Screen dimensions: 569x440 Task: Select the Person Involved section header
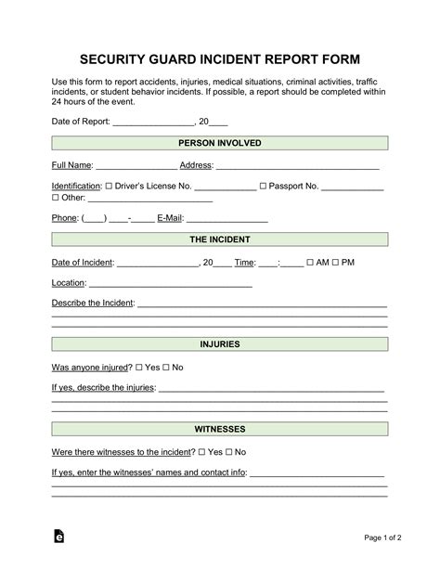219,143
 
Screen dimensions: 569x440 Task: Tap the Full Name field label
71,165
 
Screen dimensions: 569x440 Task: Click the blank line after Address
297,166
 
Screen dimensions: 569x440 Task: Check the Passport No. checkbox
264,187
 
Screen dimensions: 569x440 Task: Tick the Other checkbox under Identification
55,198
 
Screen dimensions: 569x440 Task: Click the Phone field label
64,219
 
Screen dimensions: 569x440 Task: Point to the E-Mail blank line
227,220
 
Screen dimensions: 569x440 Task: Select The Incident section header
219,239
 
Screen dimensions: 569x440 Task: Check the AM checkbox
310,263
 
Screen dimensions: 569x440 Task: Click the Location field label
69,282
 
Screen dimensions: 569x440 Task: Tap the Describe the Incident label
93,304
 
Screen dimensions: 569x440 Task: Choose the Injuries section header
219,344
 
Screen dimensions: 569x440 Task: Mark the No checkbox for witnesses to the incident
227,452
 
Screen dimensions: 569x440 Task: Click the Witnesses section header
219,430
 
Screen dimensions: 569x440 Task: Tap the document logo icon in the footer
58,537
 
